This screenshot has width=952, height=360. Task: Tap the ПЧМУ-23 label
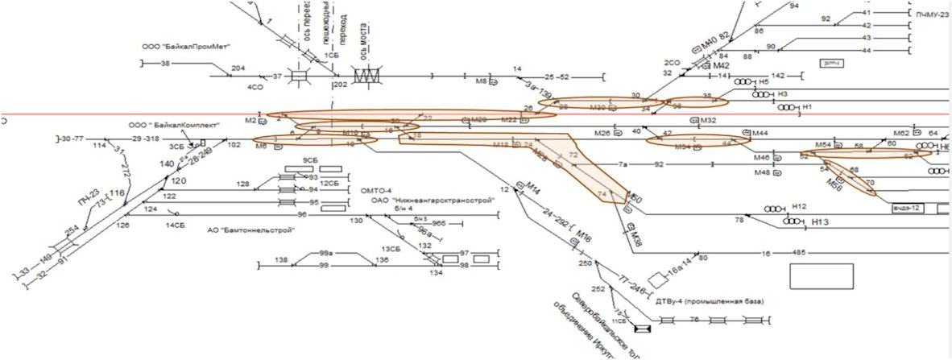tap(933, 14)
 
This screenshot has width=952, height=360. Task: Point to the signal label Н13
tap(821, 221)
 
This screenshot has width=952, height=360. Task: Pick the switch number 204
tap(238, 68)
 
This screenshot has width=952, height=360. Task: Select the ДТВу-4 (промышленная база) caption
tap(709, 301)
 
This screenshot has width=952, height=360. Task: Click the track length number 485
tap(798, 253)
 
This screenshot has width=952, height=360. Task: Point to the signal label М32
tap(709, 121)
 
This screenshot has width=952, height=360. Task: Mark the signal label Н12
tap(799, 206)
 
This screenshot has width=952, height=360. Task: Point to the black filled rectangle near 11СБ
tap(643, 329)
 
